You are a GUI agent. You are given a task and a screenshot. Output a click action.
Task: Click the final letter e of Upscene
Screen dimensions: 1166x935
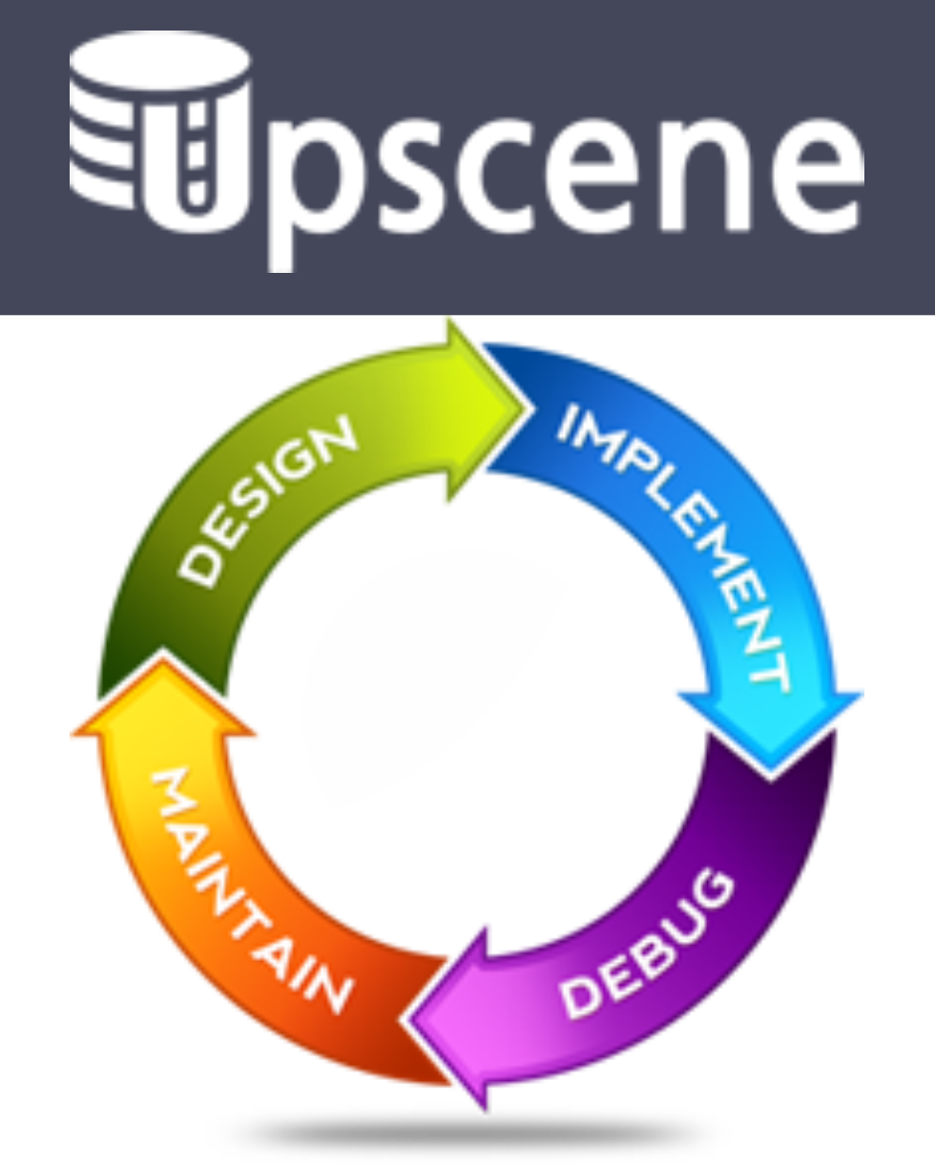(x=817, y=162)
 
